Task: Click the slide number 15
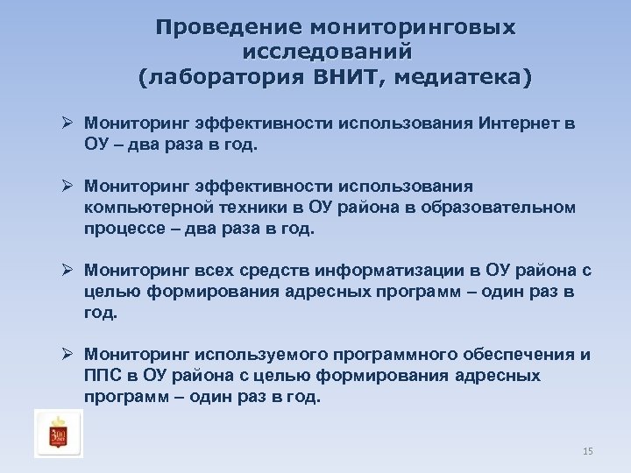(587, 451)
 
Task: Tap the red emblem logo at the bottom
(59, 433)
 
